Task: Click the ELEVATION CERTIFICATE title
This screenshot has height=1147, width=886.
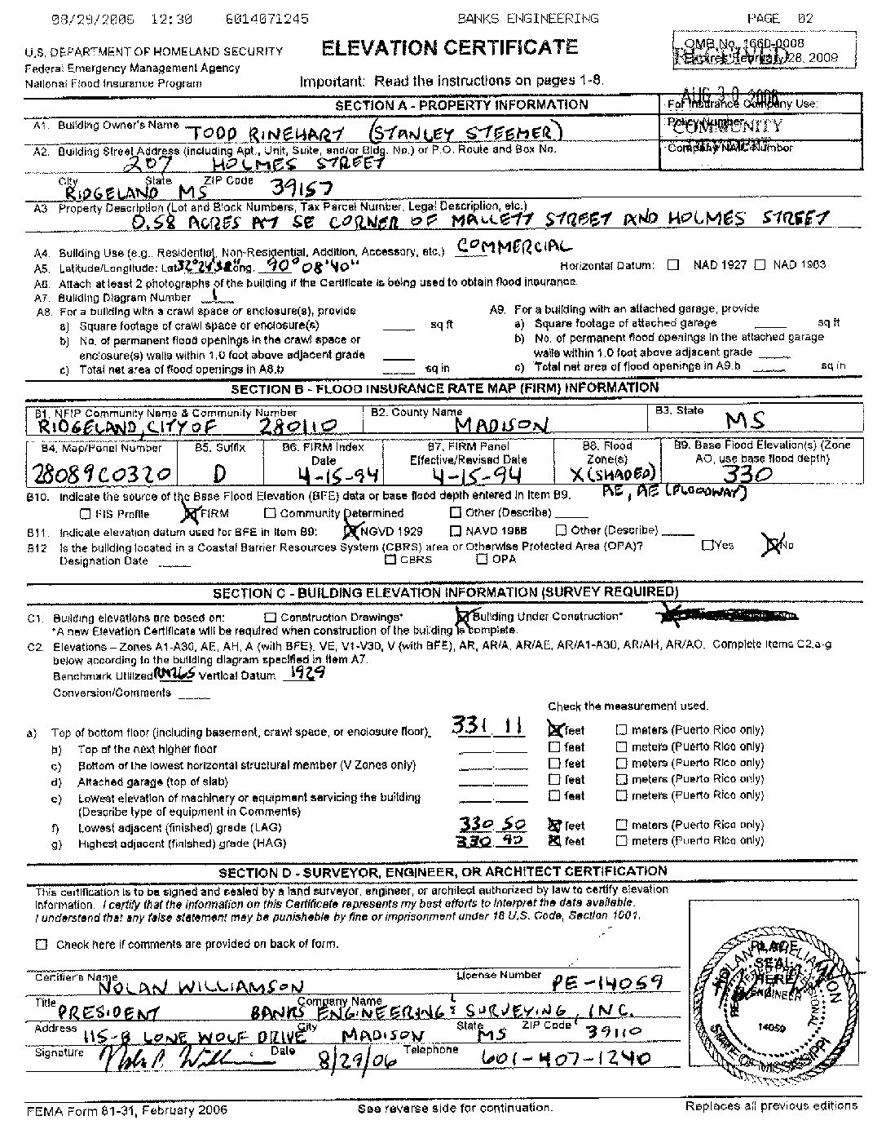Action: coord(449,48)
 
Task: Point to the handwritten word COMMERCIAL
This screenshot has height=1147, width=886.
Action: coord(514,246)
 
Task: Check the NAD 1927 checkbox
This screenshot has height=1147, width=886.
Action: coord(673,264)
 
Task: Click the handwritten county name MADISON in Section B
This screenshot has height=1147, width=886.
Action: coord(501,424)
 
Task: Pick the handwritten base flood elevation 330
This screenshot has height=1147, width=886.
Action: coord(747,474)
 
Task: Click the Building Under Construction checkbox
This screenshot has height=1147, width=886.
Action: coord(464,617)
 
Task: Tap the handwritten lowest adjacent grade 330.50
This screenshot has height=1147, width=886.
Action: coord(492,824)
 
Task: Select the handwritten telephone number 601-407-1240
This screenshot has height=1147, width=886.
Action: coord(566,1058)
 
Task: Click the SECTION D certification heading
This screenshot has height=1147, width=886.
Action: coord(443,871)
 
